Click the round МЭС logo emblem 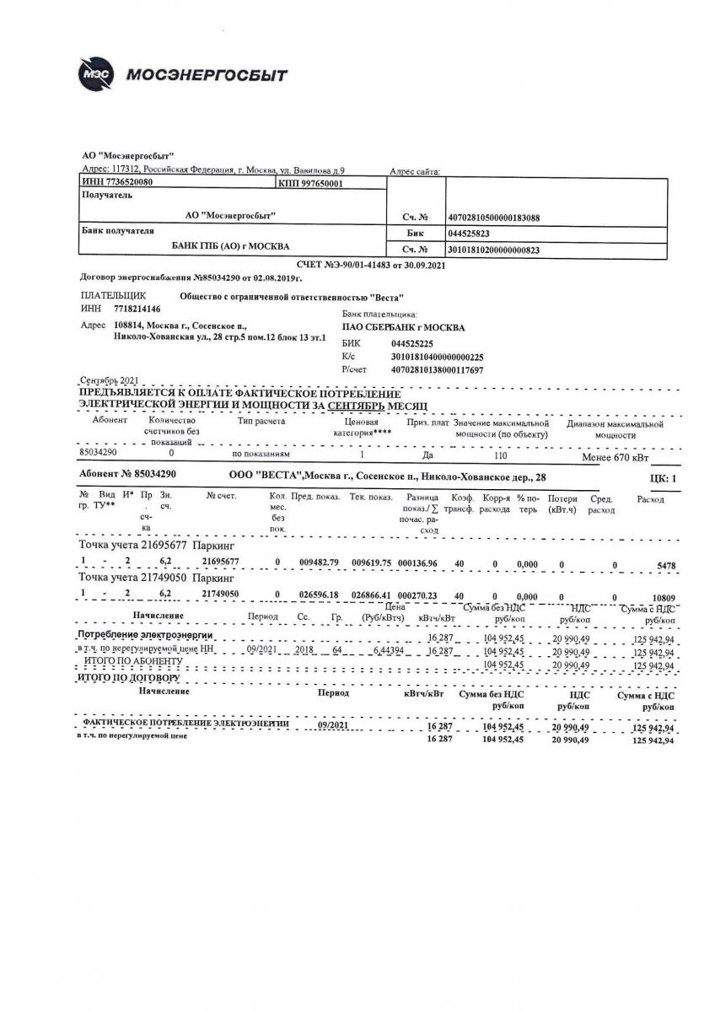click(95, 74)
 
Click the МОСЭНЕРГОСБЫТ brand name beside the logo click(207, 76)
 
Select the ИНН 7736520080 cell click(117, 182)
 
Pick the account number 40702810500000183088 click(494, 218)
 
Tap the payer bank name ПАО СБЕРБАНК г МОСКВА click(403, 327)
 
